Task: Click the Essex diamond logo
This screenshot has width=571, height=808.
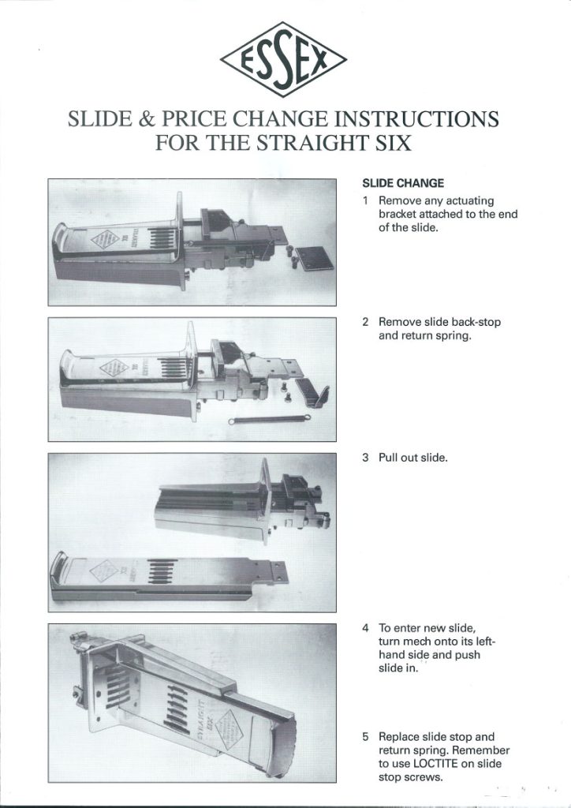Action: pos(284,60)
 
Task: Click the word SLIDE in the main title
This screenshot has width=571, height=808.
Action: pos(103,120)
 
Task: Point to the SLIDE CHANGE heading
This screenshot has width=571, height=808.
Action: pos(402,183)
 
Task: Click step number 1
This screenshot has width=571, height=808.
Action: pos(366,201)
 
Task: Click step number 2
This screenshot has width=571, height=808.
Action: pos(366,322)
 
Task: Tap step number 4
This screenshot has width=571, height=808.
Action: pos(366,628)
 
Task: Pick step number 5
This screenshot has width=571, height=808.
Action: pos(366,737)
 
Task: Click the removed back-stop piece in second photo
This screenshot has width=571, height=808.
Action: pos(317,395)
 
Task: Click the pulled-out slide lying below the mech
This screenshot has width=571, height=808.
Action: pos(166,576)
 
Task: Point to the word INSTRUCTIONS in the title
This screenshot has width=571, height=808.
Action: pos(417,120)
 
